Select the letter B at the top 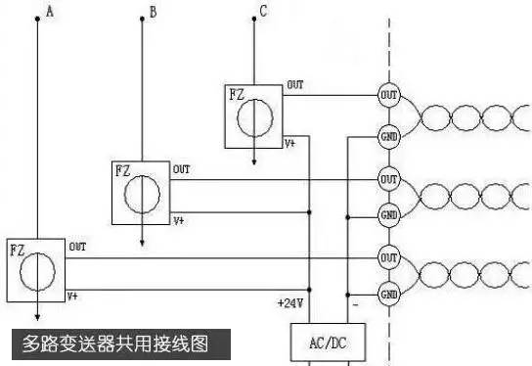[152, 12]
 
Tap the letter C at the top [262, 11]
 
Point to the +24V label [290, 302]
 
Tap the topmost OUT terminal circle [388, 95]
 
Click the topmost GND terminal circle [388, 136]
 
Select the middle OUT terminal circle [388, 179]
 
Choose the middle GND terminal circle [388, 213]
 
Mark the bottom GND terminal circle [388, 293]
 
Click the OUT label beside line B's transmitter [182, 169]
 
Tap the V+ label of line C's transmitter [290, 142]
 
